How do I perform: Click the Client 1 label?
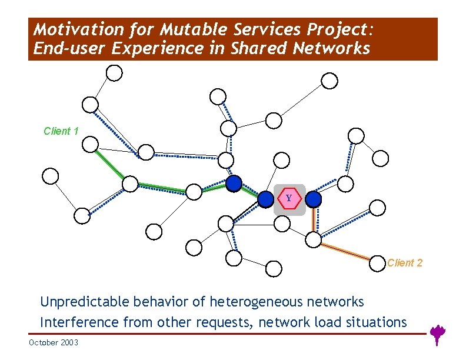(61, 131)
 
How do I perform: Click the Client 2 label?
(405, 263)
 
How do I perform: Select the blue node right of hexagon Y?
(314, 199)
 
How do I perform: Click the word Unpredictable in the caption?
(85, 302)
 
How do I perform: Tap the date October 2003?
(53, 343)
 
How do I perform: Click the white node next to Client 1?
(90, 144)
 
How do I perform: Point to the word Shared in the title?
(262, 48)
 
